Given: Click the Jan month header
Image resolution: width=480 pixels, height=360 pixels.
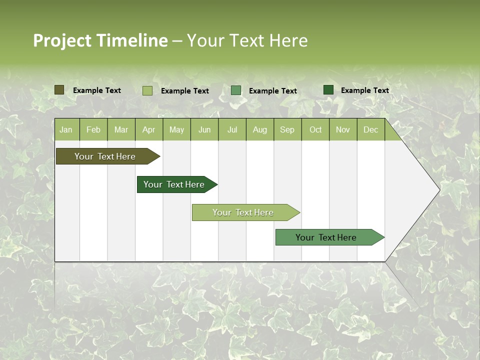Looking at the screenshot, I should (x=66, y=130).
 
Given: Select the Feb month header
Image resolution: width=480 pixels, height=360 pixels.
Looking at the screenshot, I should (x=93, y=130).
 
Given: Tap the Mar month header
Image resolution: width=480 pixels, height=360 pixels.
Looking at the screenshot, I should (x=121, y=130).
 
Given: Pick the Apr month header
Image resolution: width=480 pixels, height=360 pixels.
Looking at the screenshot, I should (x=149, y=130).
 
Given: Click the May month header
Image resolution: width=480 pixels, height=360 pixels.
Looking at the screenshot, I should (x=176, y=130).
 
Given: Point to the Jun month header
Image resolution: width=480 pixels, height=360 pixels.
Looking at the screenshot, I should (x=204, y=130).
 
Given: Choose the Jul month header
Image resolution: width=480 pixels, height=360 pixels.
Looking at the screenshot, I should (x=232, y=130).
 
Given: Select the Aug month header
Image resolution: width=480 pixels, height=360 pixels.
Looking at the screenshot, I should (x=260, y=130).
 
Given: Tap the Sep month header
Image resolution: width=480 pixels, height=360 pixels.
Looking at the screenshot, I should (x=287, y=130).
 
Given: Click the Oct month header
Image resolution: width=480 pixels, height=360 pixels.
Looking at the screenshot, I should (x=315, y=130).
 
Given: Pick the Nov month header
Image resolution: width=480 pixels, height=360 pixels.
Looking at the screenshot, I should (x=343, y=130).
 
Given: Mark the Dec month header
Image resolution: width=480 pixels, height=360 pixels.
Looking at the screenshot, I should (x=371, y=130).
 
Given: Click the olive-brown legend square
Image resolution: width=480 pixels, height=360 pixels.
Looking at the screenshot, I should (x=59, y=90).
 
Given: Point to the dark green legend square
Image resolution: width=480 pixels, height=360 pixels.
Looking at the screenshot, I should (x=328, y=90).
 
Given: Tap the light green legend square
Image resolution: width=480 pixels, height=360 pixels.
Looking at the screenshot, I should (x=147, y=90).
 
